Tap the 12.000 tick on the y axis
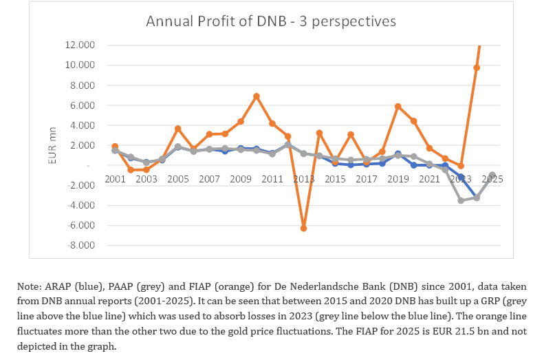(x=80, y=45)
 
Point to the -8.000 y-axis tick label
(x=81, y=245)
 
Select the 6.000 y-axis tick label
(x=83, y=105)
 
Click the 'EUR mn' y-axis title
(x=52, y=145)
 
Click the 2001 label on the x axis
(x=115, y=179)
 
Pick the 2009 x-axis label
(x=241, y=179)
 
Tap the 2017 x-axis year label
(x=367, y=179)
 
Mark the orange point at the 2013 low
(x=303, y=228)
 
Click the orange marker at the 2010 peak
(x=257, y=96)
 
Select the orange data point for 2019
(x=398, y=106)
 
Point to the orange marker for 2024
(x=477, y=67)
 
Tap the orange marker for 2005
(x=178, y=129)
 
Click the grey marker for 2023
(x=461, y=200)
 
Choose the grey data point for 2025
(x=492, y=175)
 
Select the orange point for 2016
(x=351, y=134)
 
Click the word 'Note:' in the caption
(x=30, y=286)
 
